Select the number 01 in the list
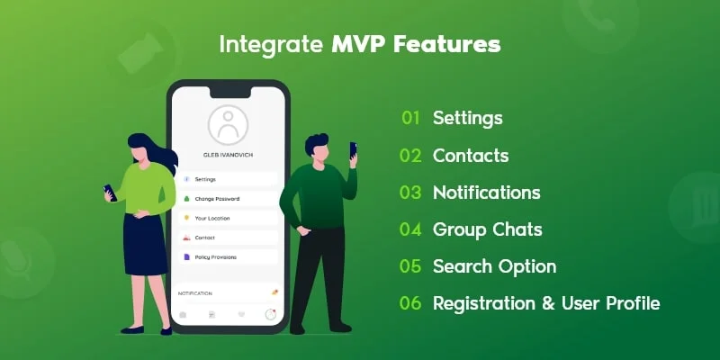411,118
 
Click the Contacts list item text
471,156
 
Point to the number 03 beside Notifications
410,193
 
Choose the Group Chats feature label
487,229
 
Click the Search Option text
494,266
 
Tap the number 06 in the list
410,303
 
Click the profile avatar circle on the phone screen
227,125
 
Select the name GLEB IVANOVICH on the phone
227,157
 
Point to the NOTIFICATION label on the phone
195,293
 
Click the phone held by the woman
110,192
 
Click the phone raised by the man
353,149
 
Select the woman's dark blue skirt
144,243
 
